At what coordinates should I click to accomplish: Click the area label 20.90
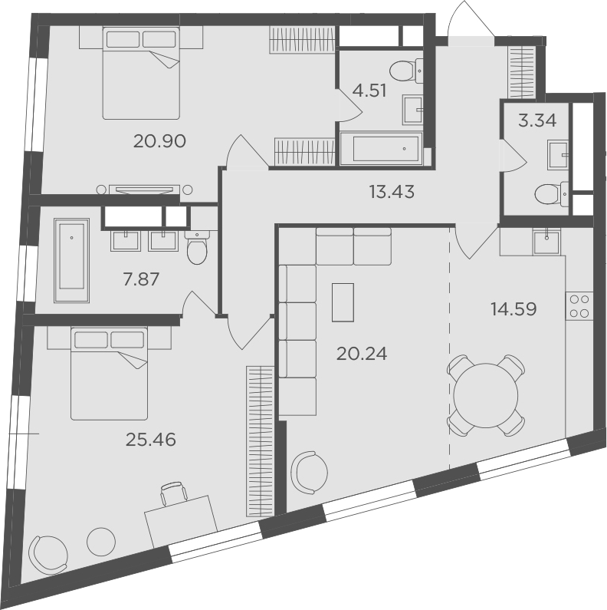click(x=160, y=141)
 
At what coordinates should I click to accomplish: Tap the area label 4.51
click(x=369, y=91)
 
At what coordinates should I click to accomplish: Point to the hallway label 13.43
click(x=392, y=192)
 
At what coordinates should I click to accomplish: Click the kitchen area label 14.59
click(x=513, y=309)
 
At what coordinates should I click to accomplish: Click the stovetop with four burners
click(x=579, y=306)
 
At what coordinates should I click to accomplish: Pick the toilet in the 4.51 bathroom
click(x=404, y=71)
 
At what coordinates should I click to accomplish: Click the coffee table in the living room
click(x=343, y=302)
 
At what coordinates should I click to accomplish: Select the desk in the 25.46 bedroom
click(x=181, y=520)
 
